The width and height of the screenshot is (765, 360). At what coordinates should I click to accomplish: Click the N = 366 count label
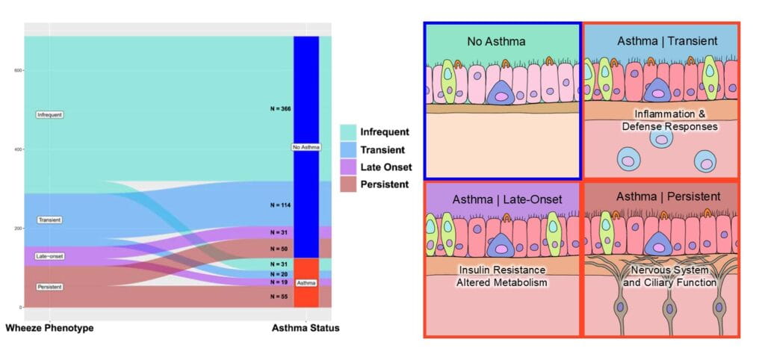click(x=280, y=109)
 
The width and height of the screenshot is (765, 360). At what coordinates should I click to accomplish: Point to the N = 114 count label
click(x=280, y=205)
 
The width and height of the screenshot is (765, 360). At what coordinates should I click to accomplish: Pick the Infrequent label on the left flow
click(x=49, y=115)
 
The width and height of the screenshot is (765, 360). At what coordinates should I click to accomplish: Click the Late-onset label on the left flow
click(x=49, y=256)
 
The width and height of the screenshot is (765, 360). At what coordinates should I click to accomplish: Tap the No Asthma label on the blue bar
click(x=306, y=147)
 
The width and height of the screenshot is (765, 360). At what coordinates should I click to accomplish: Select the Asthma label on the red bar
click(x=306, y=283)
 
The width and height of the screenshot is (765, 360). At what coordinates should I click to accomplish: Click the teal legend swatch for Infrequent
click(x=347, y=131)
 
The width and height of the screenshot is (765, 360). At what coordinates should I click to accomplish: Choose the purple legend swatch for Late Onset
click(x=347, y=167)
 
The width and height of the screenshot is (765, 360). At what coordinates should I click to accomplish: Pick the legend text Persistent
click(x=384, y=184)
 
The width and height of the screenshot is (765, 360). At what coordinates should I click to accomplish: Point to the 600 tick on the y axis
click(x=16, y=70)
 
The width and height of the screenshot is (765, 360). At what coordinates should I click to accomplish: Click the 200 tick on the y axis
click(x=16, y=229)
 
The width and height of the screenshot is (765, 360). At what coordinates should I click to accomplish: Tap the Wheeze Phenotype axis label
click(x=49, y=328)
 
